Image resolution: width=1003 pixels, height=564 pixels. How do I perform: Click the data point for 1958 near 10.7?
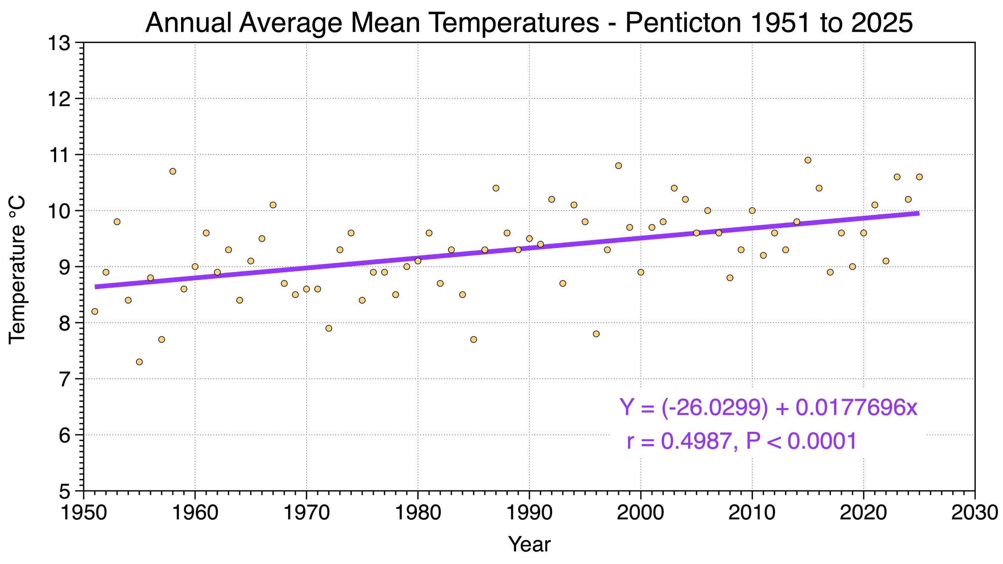pyautogui.click(x=173, y=171)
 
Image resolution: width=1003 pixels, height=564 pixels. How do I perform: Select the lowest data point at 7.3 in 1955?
pyautogui.click(x=139, y=362)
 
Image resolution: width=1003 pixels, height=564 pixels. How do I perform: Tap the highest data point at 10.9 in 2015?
pyautogui.click(x=808, y=160)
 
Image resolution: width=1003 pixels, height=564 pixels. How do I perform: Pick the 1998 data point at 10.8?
pyautogui.click(x=618, y=166)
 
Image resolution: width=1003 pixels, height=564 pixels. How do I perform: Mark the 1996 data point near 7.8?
pyautogui.click(x=596, y=334)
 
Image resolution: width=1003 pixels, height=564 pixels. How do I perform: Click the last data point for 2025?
pyautogui.click(x=919, y=177)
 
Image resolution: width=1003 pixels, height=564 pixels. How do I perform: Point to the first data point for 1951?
pyautogui.click(x=95, y=311)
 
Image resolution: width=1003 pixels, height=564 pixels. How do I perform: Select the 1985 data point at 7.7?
pyautogui.click(x=473, y=339)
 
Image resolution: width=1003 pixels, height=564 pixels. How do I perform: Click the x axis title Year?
pyautogui.click(x=529, y=544)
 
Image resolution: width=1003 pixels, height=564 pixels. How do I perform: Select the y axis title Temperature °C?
pyautogui.click(x=18, y=269)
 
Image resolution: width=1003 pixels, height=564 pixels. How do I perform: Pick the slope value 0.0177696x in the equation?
pyautogui.click(x=856, y=407)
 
